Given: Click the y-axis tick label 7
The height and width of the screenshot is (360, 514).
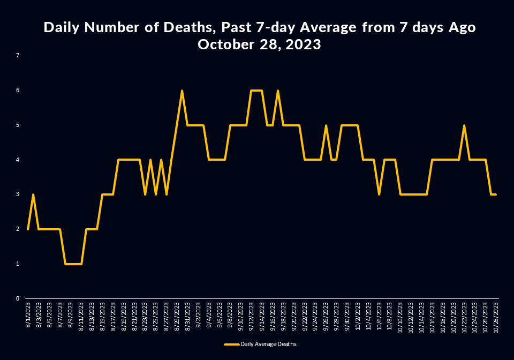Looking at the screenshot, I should [18, 55].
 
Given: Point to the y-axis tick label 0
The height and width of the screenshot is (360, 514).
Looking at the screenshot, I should [18, 298].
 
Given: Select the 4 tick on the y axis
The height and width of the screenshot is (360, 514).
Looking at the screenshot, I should [18, 160].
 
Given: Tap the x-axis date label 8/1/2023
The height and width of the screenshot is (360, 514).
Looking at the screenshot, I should [28, 312].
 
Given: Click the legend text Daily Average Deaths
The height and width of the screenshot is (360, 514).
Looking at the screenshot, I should [268, 344].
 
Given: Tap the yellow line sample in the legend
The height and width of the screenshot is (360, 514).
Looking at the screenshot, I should [231, 344].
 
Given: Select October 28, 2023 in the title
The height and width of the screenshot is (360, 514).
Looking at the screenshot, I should [259, 44].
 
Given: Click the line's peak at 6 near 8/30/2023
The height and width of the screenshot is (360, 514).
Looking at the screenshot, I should [182, 91].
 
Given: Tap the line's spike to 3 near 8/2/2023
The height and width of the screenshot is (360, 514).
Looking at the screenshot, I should [33, 194].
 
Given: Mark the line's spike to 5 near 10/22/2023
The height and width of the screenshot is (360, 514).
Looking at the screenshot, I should [464, 125].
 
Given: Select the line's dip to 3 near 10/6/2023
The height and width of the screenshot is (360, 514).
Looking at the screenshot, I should [379, 194].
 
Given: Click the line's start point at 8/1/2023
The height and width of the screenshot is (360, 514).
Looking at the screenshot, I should [28, 229].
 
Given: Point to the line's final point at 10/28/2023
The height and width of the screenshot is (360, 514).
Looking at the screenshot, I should [496, 194].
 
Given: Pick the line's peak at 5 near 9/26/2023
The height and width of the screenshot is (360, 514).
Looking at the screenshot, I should [326, 125].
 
